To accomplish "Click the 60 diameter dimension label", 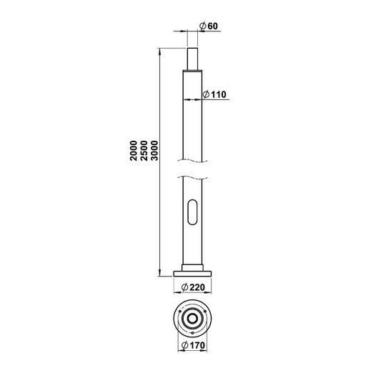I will (209, 26).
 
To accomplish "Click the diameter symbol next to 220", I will (185, 287).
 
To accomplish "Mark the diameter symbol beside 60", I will (204, 26).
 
